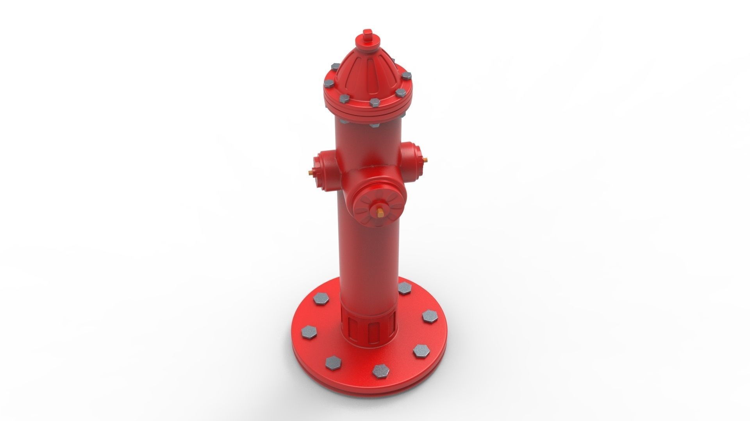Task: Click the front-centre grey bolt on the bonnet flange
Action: click(374, 103)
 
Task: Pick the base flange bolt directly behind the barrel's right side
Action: click(404, 288)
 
